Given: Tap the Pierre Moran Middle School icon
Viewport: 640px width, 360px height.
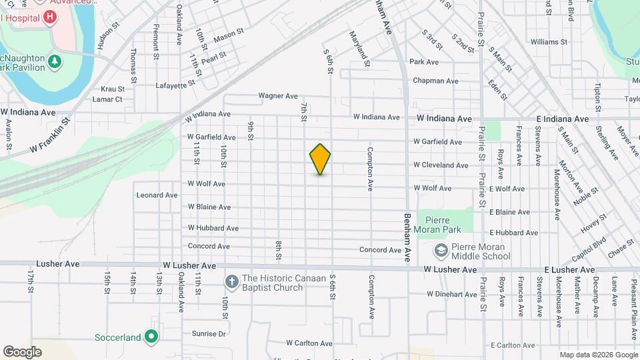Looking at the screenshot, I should pyautogui.click(x=440, y=251).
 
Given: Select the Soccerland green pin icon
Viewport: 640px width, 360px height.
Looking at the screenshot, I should pyautogui.click(x=151, y=337).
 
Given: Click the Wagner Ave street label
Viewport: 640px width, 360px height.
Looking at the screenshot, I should pyautogui.click(x=278, y=96).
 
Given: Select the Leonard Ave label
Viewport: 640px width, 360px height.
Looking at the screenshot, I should pyautogui.click(x=157, y=195).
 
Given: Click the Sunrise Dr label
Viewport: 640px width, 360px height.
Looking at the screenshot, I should pyautogui.click(x=209, y=333).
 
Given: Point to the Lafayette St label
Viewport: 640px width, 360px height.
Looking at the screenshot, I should pyautogui.click(x=175, y=85).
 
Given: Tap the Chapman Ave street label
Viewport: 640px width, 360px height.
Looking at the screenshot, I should pyautogui.click(x=435, y=81).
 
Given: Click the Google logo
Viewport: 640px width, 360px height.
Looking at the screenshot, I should pyautogui.click(x=22, y=352).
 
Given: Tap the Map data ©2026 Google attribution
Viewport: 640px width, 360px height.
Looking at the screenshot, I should pyautogui.click(x=598, y=355).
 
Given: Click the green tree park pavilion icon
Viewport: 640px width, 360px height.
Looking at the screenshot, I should pyautogui.click(x=55, y=63).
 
